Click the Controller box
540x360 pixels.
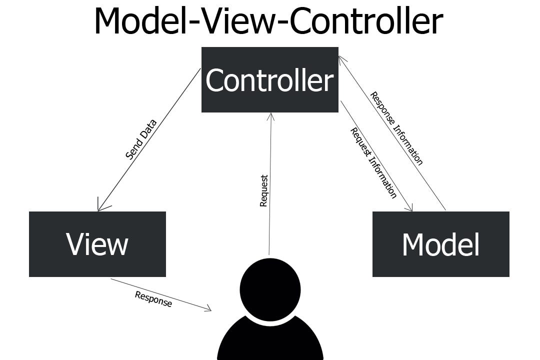point(269,79)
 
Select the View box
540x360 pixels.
point(97,244)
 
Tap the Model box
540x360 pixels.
point(440,244)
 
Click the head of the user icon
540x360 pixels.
point(270,289)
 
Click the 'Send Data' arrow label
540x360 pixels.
point(141,139)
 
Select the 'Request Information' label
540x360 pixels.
point(373,163)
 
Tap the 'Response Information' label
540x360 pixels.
point(396,128)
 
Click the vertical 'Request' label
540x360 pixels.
point(264,190)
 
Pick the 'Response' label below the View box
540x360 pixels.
point(153,299)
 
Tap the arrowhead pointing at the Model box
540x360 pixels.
point(410,208)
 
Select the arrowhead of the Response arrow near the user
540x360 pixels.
point(208,309)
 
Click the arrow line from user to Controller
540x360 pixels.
point(270,210)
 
